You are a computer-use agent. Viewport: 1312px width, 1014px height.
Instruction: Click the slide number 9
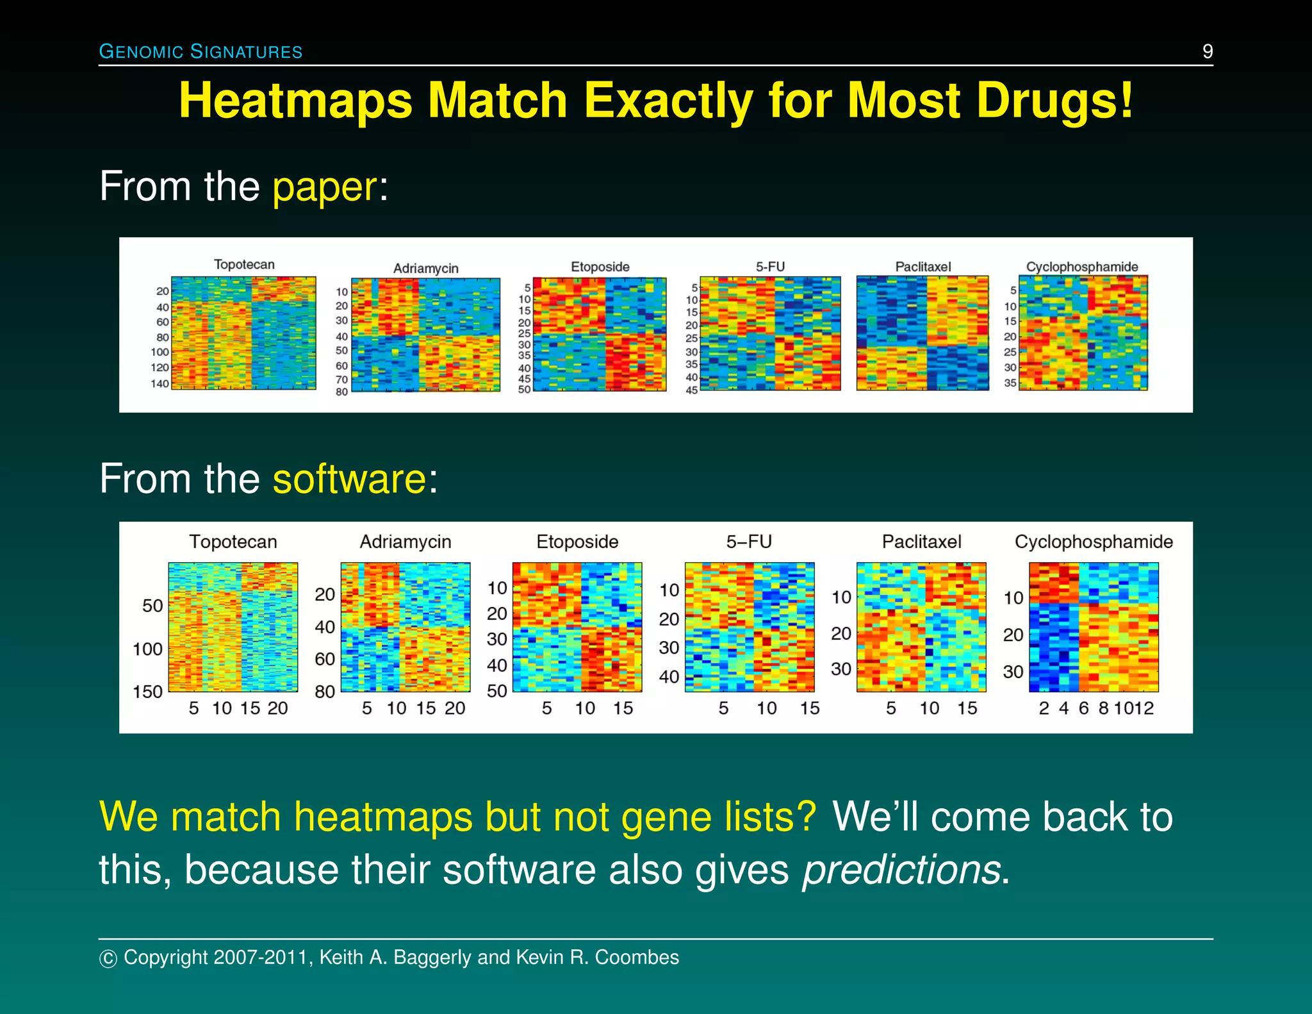1207,51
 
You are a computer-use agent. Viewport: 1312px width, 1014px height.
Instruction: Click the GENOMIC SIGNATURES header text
201,51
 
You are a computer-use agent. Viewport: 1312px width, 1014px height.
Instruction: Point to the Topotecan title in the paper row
244,265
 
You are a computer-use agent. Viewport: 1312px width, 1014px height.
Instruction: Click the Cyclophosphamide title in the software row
1094,542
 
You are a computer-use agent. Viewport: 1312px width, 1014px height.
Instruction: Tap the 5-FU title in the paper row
770,267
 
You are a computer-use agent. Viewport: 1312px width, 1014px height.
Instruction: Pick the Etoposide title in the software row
577,542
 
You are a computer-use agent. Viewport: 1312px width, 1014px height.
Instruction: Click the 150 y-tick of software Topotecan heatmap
147,692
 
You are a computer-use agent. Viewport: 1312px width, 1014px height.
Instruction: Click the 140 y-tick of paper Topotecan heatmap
160,383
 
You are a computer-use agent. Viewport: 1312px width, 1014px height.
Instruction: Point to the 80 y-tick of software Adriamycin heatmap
325,692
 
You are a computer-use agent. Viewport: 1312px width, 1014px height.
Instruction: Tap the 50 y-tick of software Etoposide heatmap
496,691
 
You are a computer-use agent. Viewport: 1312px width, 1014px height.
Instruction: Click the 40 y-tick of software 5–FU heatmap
669,676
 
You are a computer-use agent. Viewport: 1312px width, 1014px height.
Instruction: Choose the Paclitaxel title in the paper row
922,267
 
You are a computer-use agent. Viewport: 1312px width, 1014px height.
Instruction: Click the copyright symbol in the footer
108,958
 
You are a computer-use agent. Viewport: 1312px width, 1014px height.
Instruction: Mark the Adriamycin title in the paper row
425,269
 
